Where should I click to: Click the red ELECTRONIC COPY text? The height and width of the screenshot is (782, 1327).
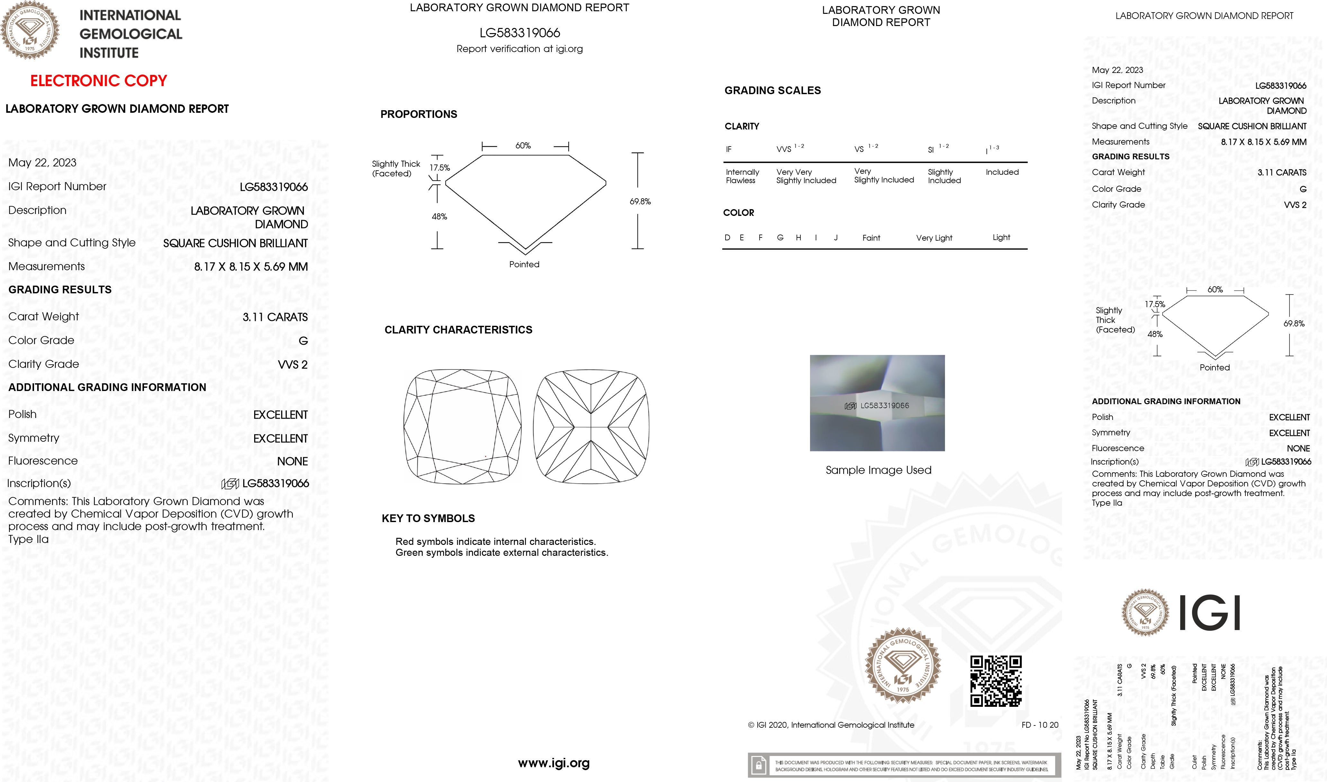click(99, 81)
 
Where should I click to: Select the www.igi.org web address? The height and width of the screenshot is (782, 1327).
click(553, 763)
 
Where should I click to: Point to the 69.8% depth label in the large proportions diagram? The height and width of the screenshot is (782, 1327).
click(640, 201)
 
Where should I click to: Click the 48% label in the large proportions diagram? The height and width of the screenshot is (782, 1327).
click(439, 217)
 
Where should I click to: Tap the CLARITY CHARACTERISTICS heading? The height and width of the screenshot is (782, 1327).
click(458, 330)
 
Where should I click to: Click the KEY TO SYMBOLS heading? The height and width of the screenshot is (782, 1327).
click(428, 519)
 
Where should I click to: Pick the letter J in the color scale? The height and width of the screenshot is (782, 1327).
click(835, 238)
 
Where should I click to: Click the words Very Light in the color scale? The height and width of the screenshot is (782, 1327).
click(934, 238)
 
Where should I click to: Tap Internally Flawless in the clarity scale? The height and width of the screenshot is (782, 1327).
click(742, 176)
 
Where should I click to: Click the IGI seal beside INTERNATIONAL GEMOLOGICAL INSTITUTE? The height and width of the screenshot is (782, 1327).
click(30, 30)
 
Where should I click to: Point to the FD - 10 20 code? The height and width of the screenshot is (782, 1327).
click(1039, 725)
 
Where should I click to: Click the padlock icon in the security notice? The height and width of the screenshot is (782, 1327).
click(758, 765)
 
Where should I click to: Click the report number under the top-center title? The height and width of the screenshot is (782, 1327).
click(520, 33)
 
